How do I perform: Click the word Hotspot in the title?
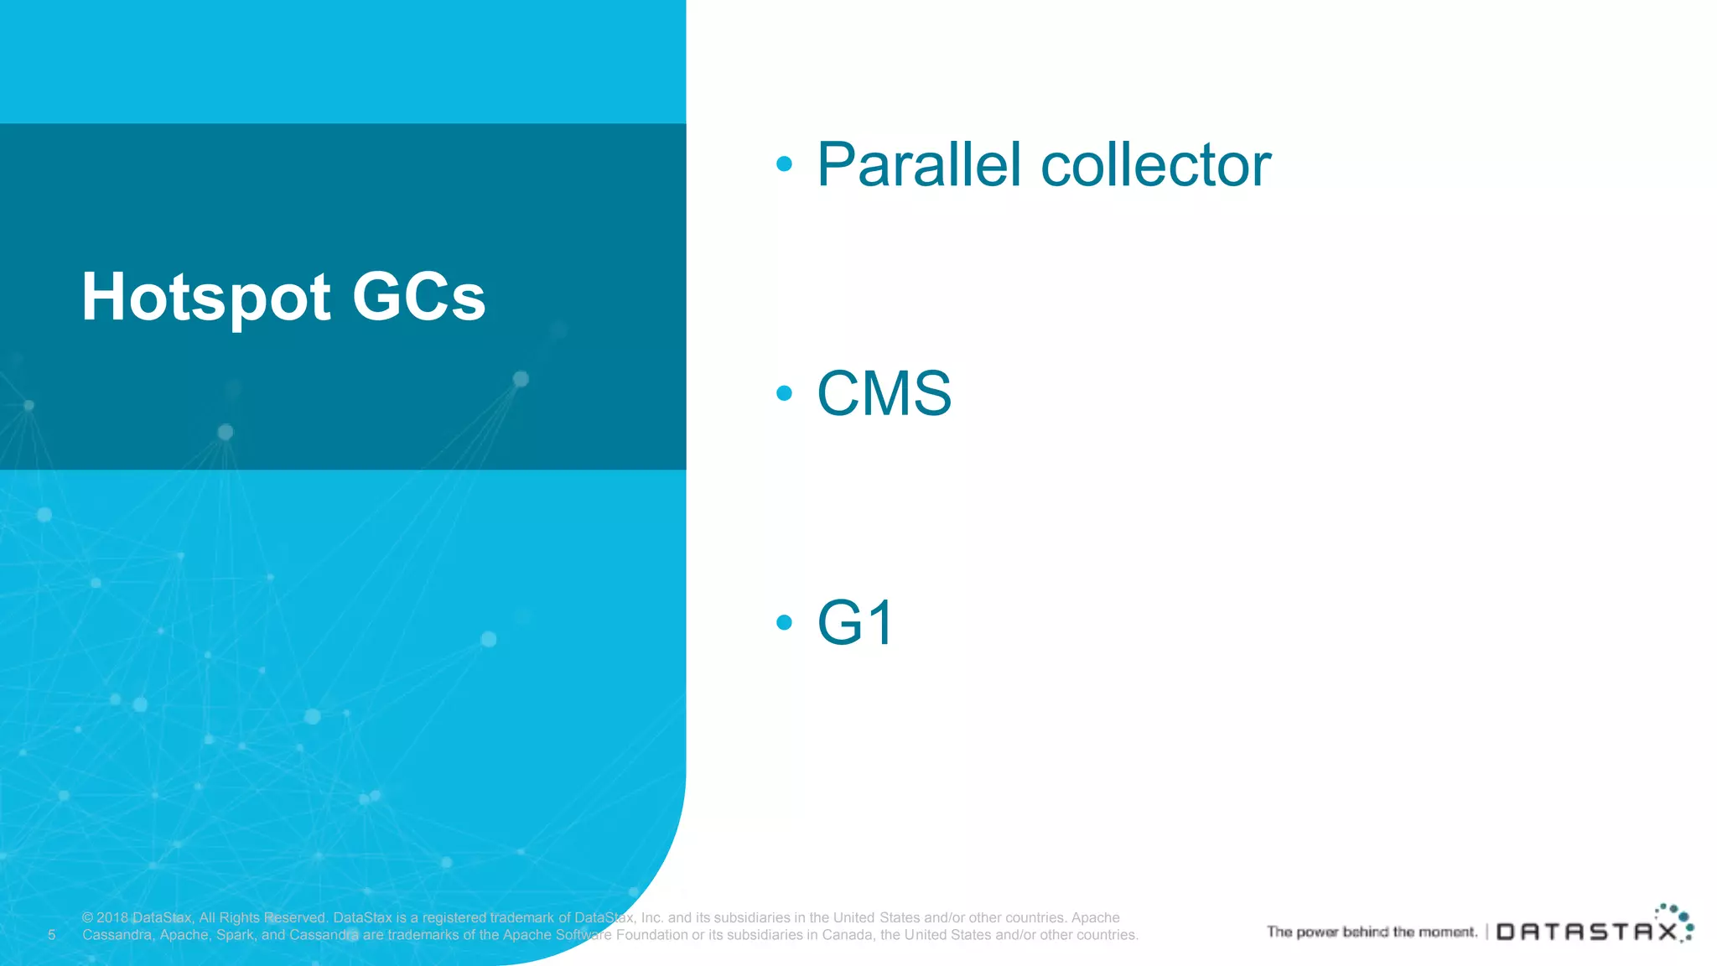pos(206,298)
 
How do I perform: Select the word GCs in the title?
pos(418,298)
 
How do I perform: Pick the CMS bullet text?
pos(884,393)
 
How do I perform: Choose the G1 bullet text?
pos(855,622)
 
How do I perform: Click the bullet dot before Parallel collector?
pos(784,164)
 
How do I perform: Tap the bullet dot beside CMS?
pos(784,392)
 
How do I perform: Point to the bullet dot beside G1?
pos(784,622)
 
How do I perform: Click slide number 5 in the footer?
pos(51,935)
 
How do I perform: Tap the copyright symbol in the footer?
pos(88,918)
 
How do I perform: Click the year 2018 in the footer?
pos(112,918)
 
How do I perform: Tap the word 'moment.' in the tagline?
pos(1448,932)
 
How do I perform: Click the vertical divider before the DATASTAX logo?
pos(1486,932)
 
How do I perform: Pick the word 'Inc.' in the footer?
pos(652,918)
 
